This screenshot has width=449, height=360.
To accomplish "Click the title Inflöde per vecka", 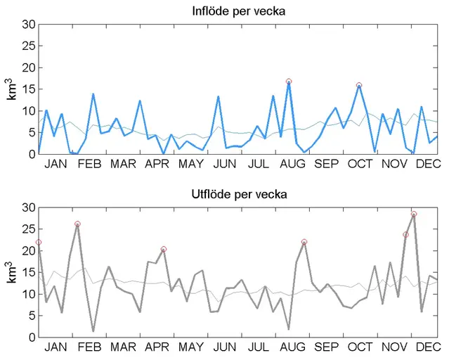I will (x=239, y=11).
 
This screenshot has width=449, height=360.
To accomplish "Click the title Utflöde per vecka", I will (x=239, y=193).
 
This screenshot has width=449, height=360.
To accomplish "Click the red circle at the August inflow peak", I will (x=288, y=82).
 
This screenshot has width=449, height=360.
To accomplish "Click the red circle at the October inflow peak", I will (x=359, y=85).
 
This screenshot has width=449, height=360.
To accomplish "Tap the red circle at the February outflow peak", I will (x=77, y=224).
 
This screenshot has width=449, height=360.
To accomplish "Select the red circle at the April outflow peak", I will (x=164, y=249).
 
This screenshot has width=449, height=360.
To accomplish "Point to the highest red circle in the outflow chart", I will (x=414, y=214).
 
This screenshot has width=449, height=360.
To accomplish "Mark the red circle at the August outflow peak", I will (x=304, y=242).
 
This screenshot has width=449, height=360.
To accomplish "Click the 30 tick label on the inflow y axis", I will (x=28, y=25).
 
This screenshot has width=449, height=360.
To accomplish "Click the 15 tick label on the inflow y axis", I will (x=28, y=89).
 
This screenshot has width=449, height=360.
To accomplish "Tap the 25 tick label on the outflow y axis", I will (x=28, y=229).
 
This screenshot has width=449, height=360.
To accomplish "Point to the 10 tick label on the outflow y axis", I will (x=28, y=294).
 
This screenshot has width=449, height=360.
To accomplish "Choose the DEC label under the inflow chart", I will (x=427, y=164).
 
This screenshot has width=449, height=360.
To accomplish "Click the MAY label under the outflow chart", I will (x=191, y=347).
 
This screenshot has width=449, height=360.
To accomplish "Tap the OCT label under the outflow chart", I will (x=360, y=347).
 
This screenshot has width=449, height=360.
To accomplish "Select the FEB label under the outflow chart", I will (x=89, y=347).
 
